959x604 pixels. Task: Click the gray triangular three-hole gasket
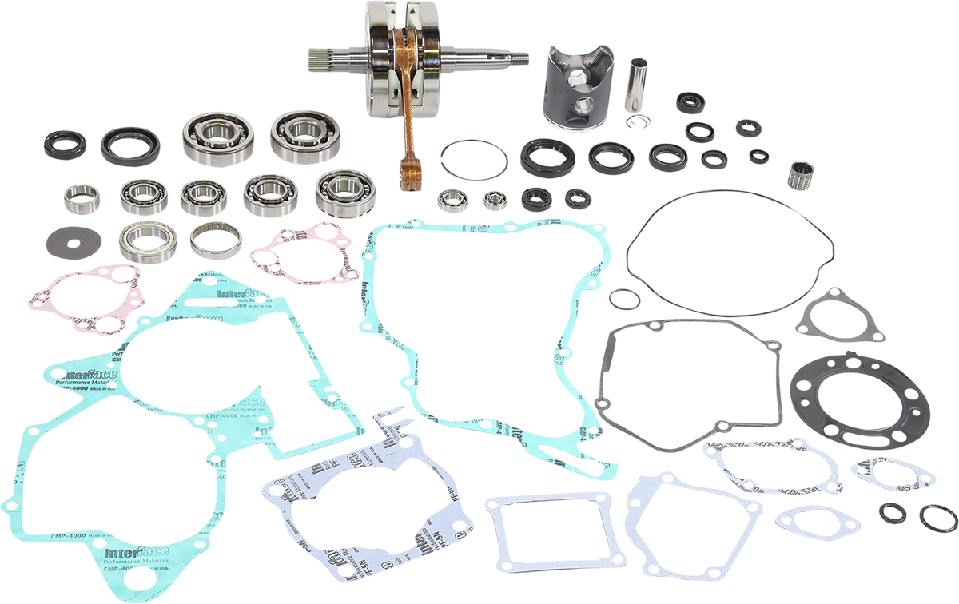pos(830,314)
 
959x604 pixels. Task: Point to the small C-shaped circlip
pos(638,121)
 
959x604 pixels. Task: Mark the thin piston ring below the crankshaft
pos(473,159)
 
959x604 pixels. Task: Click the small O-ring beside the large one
pos(623,299)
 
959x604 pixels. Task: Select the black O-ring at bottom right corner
pos(937,519)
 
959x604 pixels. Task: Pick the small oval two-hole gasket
pos(817,522)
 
